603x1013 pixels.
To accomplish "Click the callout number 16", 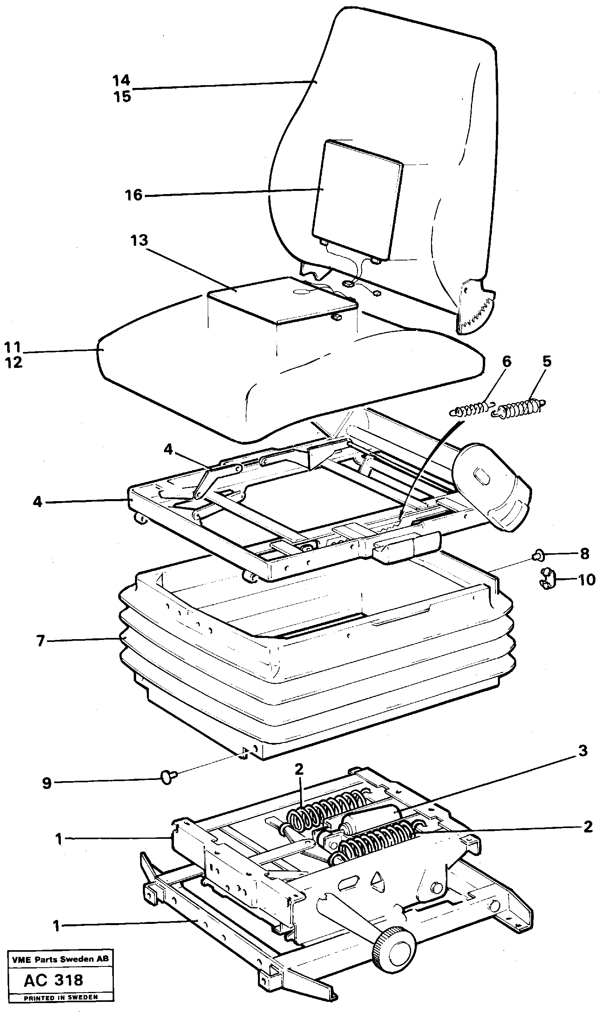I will [x=134, y=195].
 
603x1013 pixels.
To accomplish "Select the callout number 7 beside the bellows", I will [x=40, y=641].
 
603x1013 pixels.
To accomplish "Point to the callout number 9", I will [x=47, y=783].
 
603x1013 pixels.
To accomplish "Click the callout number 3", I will [x=583, y=751].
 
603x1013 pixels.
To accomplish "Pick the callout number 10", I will [x=586, y=580].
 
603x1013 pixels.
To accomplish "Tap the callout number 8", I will [x=584, y=553].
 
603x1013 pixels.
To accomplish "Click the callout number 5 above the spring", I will [x=547, y=361].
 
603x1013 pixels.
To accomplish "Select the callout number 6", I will [x=507, y=362].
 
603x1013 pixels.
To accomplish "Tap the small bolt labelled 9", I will [x=168, y=777].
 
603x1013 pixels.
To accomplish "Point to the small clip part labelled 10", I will [x=548, y=579].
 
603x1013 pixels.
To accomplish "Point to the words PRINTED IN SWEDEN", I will [x=60, y=997].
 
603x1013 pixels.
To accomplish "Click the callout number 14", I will [x=121, y=80].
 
